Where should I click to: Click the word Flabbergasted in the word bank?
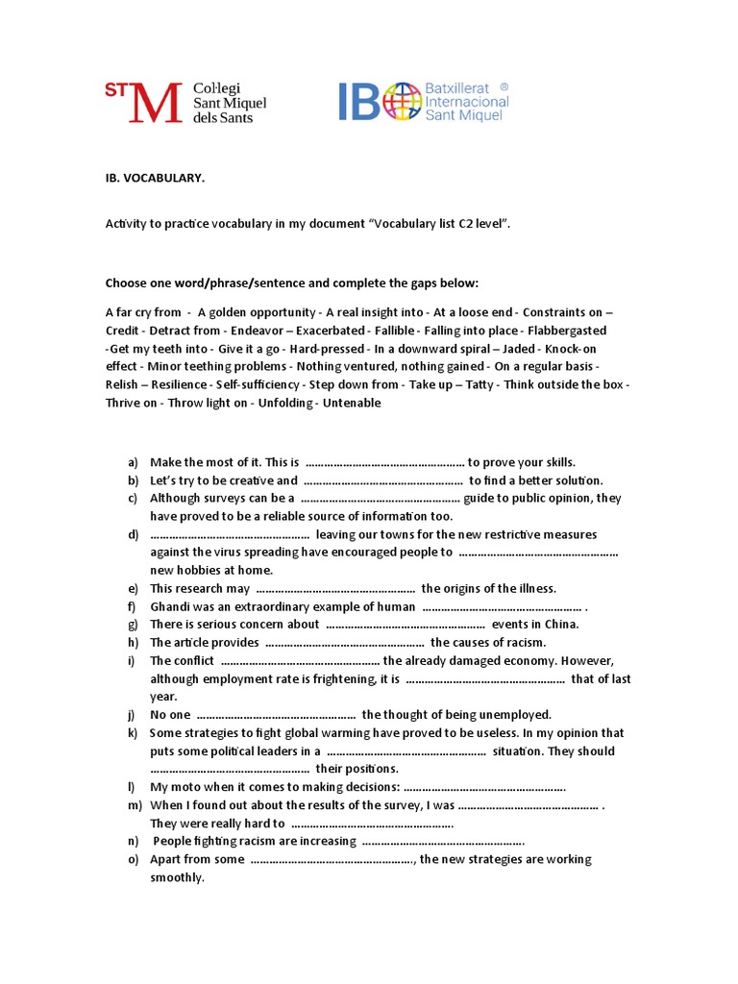[x=567, y=330]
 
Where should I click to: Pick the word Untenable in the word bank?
[x=354, y=403]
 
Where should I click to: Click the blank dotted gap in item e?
[x=335, y=589]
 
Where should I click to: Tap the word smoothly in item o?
[x=177, y=877]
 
